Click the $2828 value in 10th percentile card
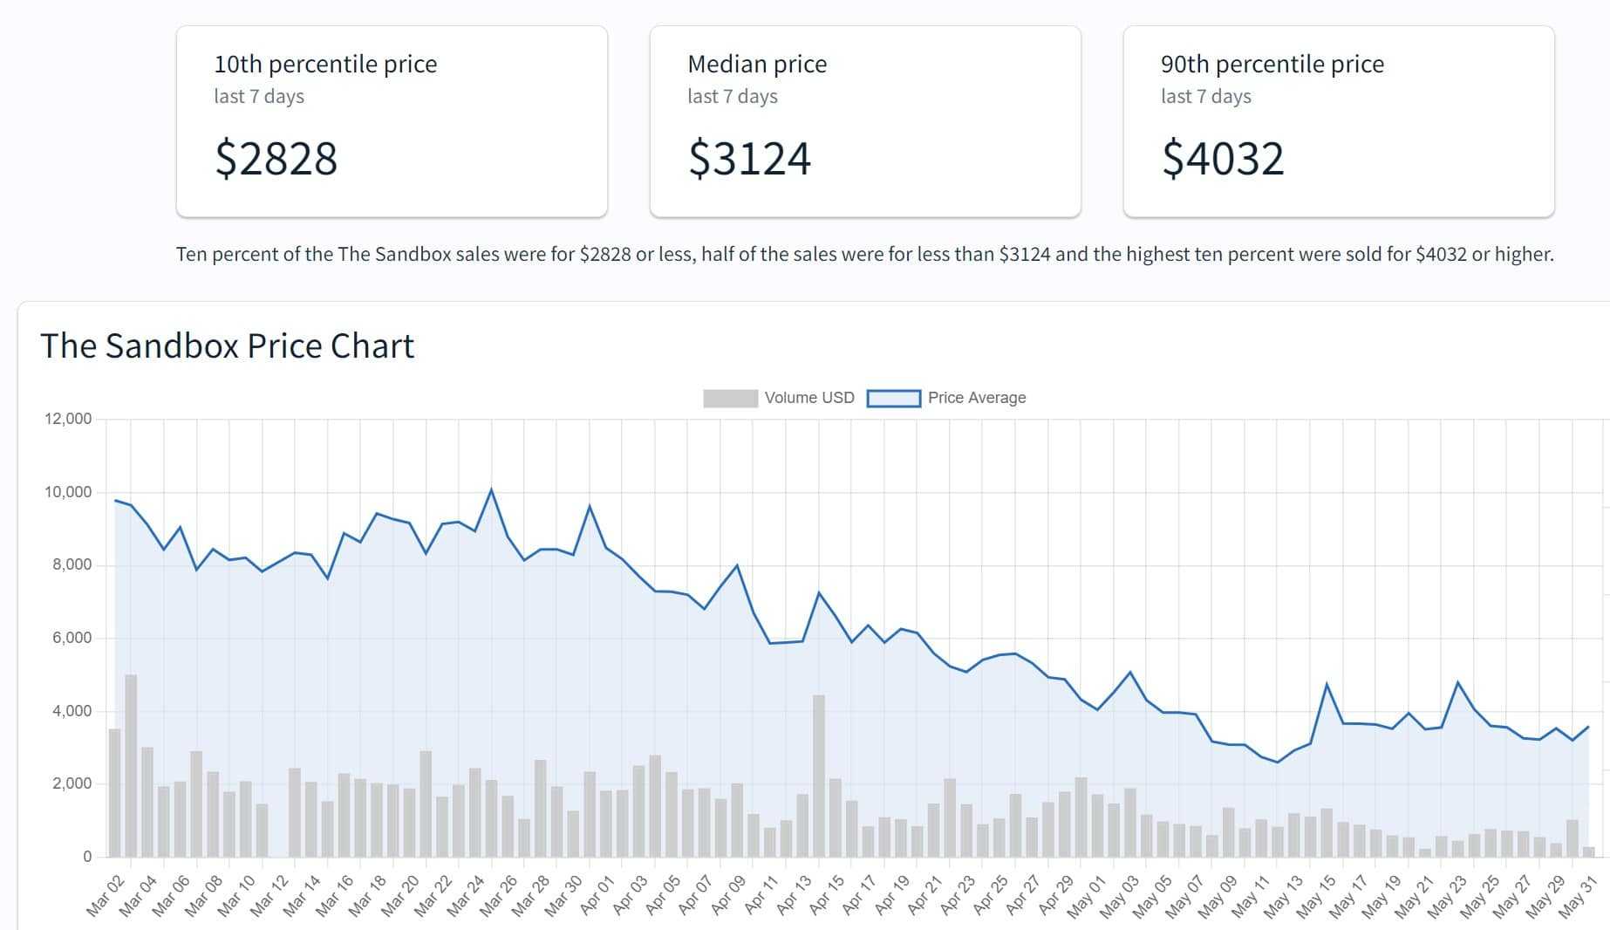click(x=276, y=159)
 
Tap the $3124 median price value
click(x=749, y=159)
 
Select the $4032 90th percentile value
click(x=1223, y=159)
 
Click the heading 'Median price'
click(x=757, y=65)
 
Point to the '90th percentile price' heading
click(x=1272, y=65)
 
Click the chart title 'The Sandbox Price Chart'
click(x=227, y=346)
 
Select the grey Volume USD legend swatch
click(x=730, y=399)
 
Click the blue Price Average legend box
click(x=893, y=399)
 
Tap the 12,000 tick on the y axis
click(x=68, y=419)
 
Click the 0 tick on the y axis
click(x=87, y=857)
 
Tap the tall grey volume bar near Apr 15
click(x=818, y=776)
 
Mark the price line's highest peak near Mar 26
click(x=491, y=489)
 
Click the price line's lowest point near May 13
click(x=1278, y=762)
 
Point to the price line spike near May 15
click(x=1327, y=684)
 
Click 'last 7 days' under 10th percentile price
click(x=259, y=97)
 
